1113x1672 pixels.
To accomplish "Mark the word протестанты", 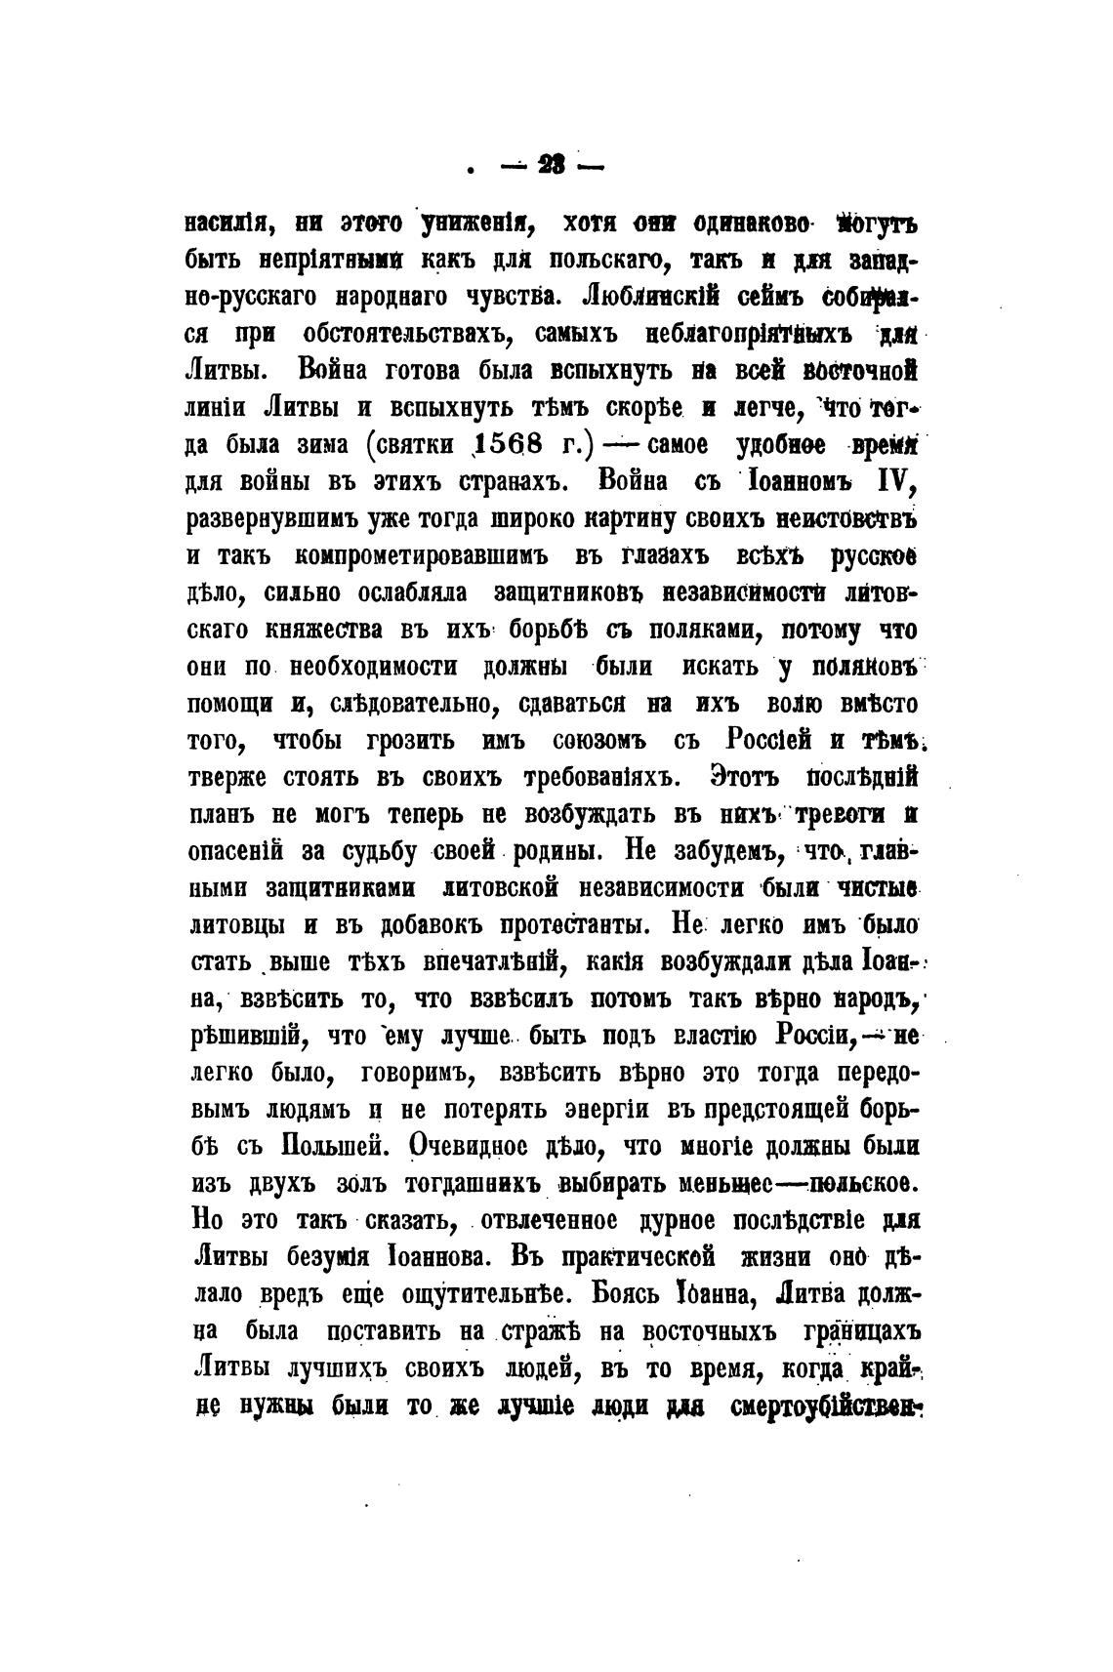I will [x=562, y=924].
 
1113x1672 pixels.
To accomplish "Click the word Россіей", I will [x=769, y=740].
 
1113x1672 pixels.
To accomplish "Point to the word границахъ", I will [x=860, y=1332].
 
